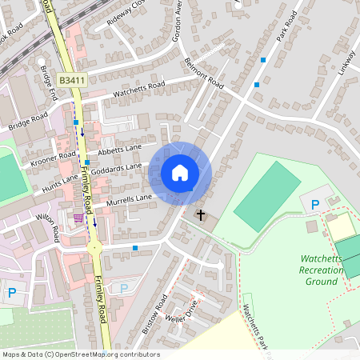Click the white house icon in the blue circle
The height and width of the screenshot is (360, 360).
(x=179, y=173)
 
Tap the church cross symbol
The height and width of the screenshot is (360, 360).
(x=200, y=215)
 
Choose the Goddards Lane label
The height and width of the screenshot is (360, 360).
(x=116, y=169)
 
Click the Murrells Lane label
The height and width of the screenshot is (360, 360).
(x=129, y=197)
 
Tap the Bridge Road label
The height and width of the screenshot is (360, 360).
(x=29, y=122)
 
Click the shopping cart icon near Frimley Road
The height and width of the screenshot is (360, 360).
(x=78, y=218)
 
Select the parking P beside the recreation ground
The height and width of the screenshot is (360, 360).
(x=314, y=206)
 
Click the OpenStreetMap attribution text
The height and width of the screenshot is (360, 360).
(x=81, y=354)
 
